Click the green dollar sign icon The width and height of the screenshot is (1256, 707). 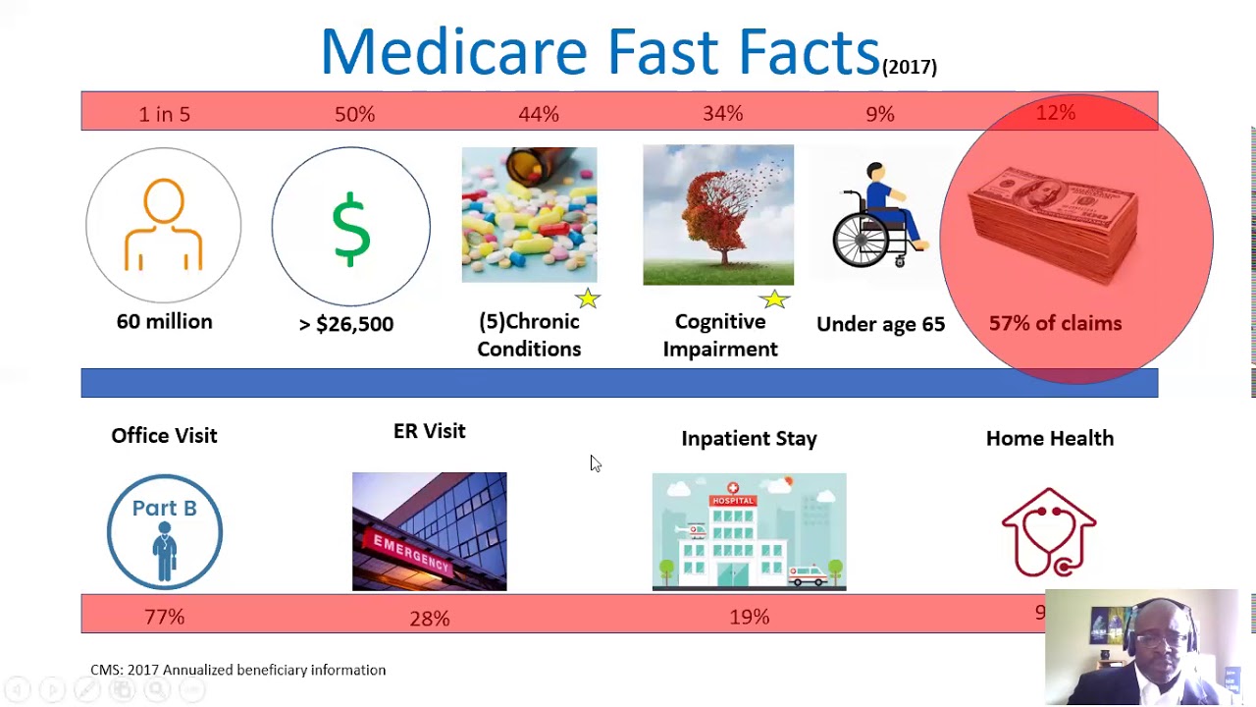[350, 229]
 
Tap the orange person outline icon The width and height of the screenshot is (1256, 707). [164, 225]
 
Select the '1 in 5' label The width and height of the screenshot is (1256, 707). [164, 114]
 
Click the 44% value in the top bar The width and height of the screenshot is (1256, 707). [539, 114]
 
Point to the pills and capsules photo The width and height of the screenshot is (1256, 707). [529, 215]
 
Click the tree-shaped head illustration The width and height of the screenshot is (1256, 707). [717, 215]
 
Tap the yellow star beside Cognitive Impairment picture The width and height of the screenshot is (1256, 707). [774, 299]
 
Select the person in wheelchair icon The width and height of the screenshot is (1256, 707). [879, 216]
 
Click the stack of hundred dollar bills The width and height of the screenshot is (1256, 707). [1054, 224]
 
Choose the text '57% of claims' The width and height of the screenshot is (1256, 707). [1055, 323]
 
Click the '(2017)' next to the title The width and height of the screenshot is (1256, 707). [910, 67]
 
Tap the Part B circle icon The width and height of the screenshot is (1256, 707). [164, 532]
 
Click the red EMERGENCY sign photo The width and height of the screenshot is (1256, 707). [429, 532]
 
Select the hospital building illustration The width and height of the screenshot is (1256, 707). [749, 532]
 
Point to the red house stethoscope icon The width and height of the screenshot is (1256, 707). [1049, 532]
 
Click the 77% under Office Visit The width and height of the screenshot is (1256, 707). [164, 617]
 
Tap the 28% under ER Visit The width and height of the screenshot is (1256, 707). [429, 618]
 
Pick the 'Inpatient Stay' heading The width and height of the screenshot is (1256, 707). [749, 439]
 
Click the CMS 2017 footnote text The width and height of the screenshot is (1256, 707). [237, 670]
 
